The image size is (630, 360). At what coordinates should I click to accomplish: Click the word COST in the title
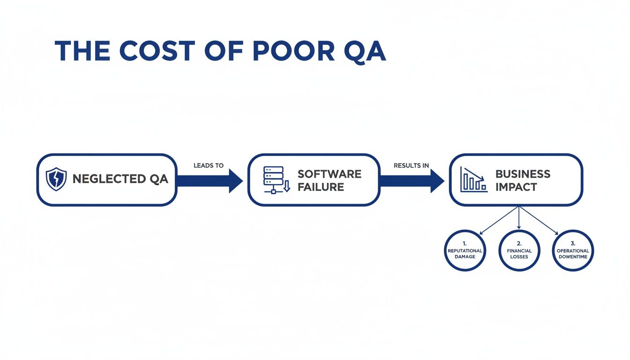(159, 51)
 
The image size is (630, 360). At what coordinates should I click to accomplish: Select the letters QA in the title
(363, 51)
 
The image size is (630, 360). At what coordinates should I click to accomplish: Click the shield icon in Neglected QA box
(56, 180)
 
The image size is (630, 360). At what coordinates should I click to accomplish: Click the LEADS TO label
(209, 165)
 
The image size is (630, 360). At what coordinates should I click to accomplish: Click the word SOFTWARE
(329, 174)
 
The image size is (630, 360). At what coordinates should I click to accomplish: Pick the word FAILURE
(321, 187)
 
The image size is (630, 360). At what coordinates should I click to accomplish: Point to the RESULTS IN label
(411, 165)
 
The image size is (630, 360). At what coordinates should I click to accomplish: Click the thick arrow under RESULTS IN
(412, 180)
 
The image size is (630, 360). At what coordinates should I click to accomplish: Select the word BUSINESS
(523, 174)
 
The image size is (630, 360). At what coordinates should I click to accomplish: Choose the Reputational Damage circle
(465, 250)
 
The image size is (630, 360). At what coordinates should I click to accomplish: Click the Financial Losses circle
(519, 250)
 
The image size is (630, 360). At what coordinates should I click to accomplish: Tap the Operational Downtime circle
(573, 250)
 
